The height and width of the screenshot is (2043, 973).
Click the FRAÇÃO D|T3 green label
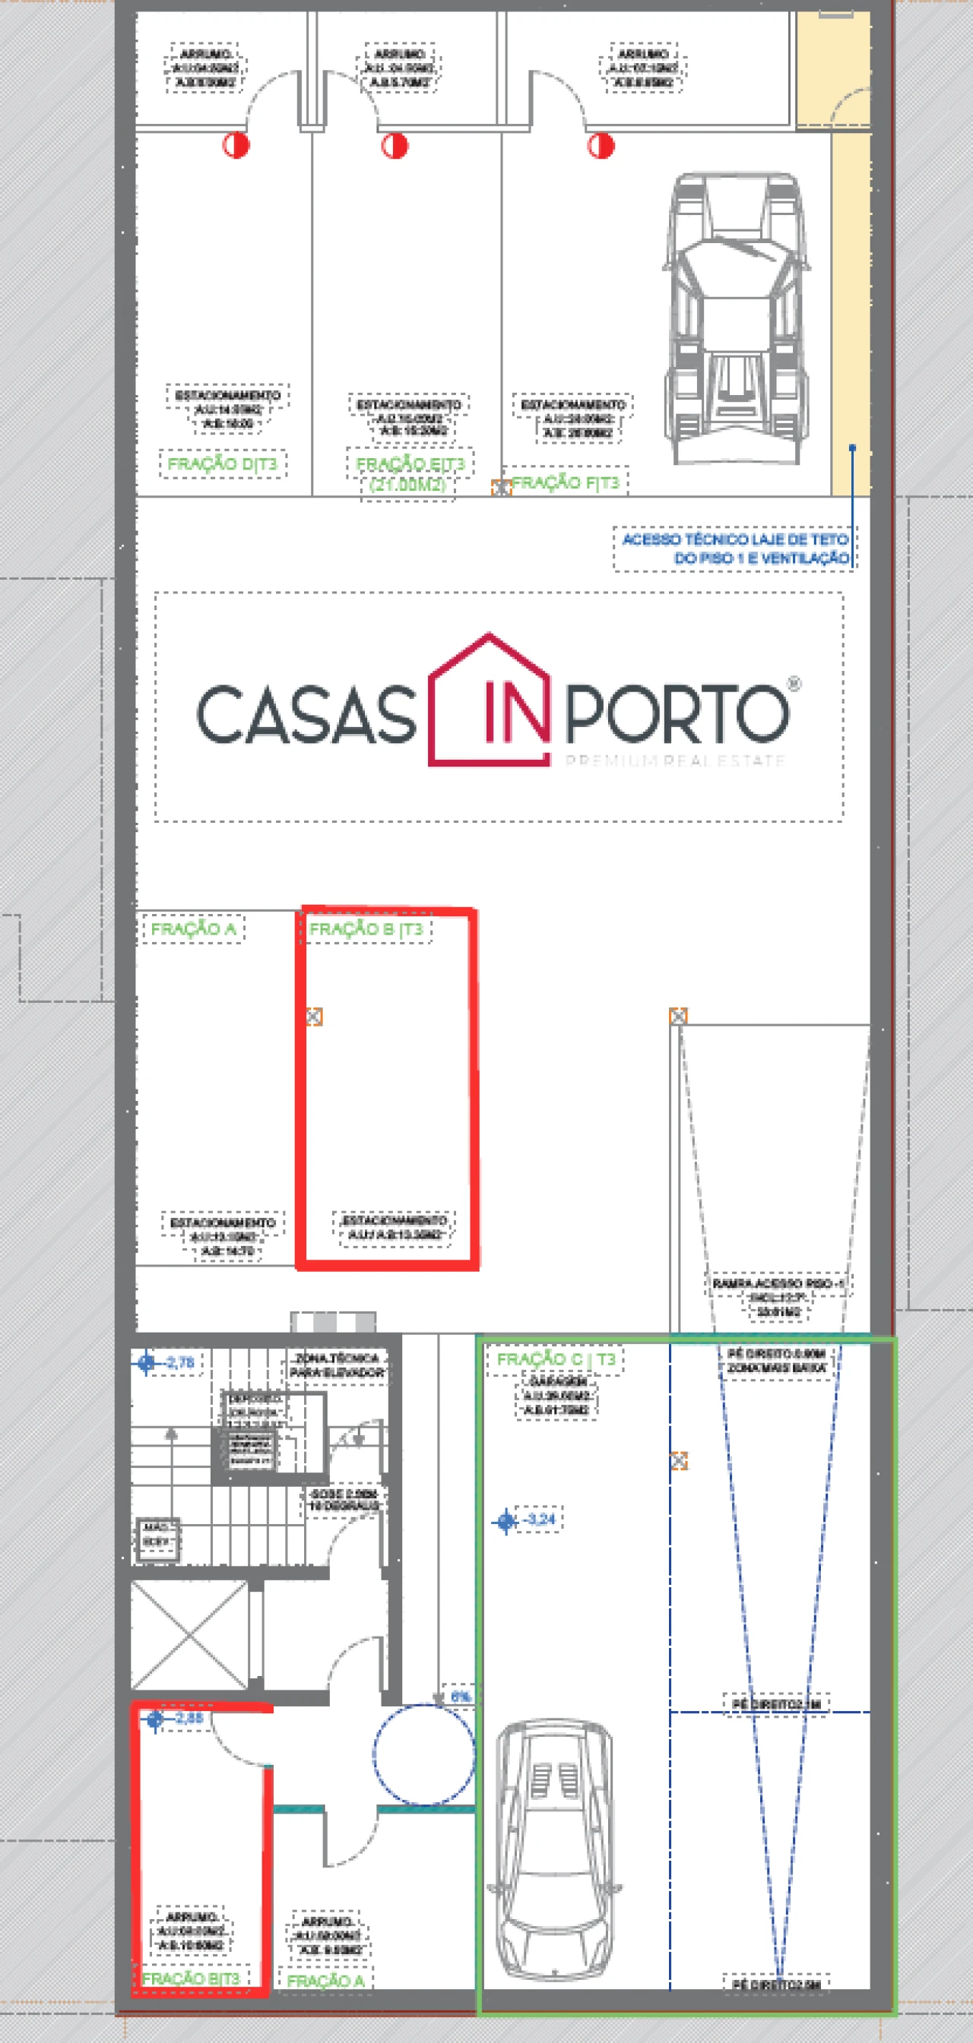222,464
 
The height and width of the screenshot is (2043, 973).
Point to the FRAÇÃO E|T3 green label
410,463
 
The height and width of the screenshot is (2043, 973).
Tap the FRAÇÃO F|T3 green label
565,482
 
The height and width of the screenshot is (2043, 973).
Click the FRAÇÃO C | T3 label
556,1359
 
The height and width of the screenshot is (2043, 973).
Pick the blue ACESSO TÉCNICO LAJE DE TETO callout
735,548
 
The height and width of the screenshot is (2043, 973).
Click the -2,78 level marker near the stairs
179,1362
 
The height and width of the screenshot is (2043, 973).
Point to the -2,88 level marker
188,1718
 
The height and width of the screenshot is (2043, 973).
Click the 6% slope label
461,1697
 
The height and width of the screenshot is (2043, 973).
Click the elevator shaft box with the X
189,1634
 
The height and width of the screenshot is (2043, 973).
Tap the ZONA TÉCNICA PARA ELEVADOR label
338,1365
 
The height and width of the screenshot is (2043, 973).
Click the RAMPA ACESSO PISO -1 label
778,1283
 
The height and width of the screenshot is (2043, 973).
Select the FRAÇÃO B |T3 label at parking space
366,928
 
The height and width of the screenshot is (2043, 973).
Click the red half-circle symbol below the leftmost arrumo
236,145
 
